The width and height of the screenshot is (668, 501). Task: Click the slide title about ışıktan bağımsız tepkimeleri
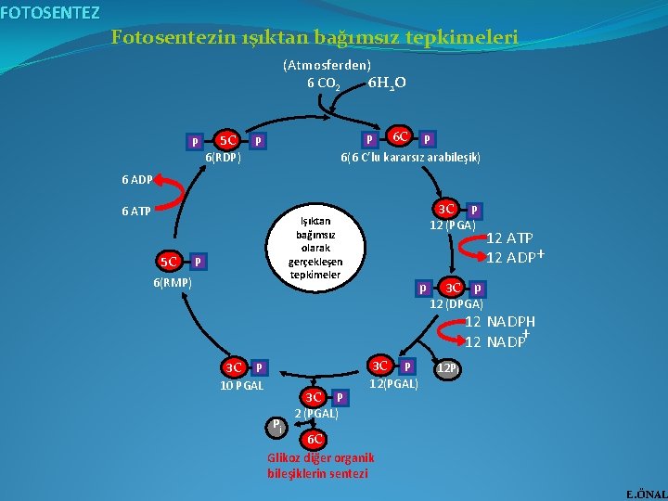point(315,38)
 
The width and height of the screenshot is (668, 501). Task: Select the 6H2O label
point(386,83)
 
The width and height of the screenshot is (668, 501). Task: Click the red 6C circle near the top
point(401,136)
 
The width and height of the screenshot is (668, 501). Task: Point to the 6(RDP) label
point(223,158)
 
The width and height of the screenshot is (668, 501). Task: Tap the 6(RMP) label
point(173,281)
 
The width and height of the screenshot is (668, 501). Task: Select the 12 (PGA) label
point(452,225)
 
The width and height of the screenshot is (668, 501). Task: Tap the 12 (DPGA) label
point(456,303)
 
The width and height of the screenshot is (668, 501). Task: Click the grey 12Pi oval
point(448,369)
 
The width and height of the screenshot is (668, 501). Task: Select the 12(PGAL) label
point(394,383)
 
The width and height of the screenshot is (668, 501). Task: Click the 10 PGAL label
point(242,386)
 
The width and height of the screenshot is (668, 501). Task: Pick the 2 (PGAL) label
point(315,414)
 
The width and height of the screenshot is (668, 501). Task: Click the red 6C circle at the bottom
point(315,438)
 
